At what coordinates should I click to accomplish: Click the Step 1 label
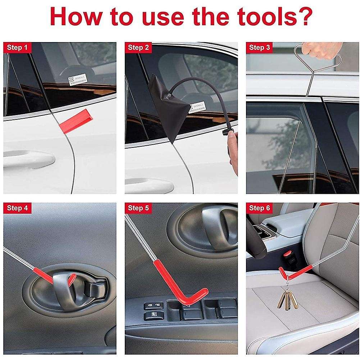[x=17, y=47]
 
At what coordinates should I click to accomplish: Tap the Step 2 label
[x=138, y=47]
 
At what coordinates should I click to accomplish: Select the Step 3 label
[x=259, y=47]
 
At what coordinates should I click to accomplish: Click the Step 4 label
[x=17, y=208]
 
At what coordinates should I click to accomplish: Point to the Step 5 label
[x=138, y=208]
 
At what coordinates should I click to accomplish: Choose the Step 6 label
[x=259, y=208]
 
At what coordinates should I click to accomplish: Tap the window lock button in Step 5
[x=153, y=317]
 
